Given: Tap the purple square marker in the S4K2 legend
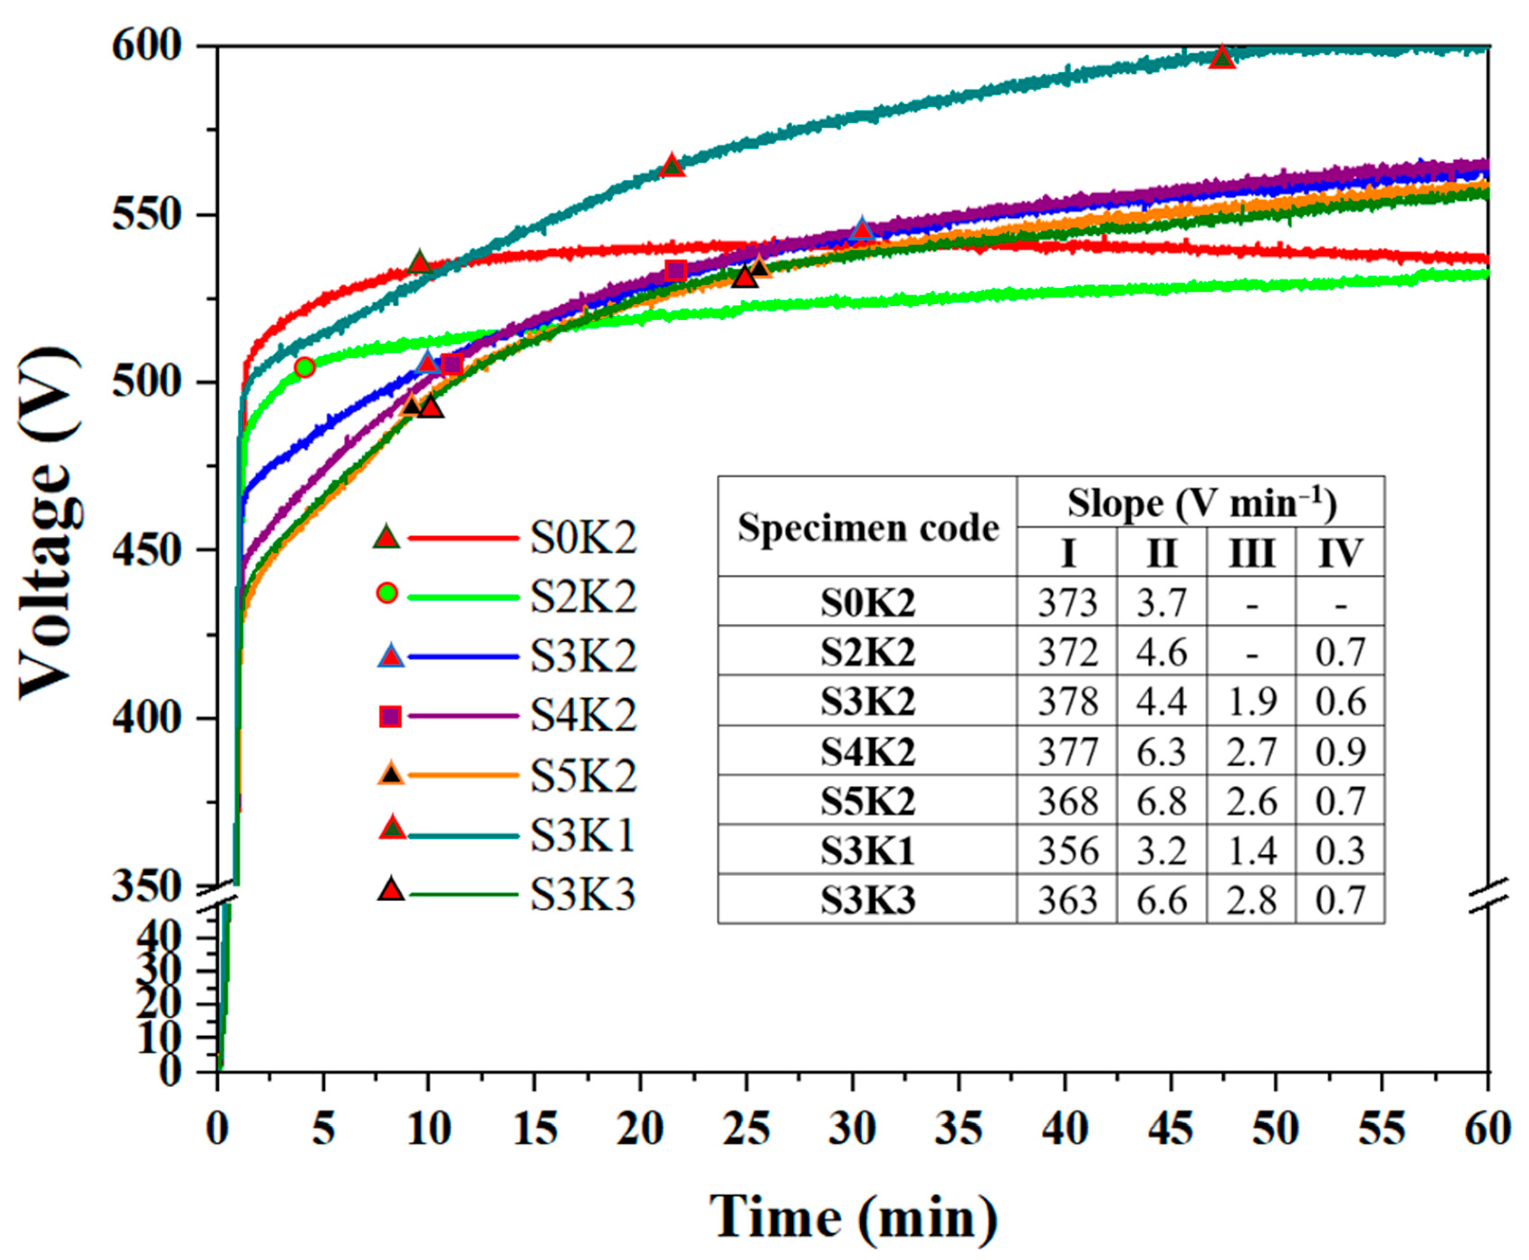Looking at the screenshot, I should pos(390,717).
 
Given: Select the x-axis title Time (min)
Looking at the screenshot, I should pos(853,1217).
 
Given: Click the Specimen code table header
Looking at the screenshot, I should pos(868,528).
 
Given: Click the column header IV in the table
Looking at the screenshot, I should pos(1340,553).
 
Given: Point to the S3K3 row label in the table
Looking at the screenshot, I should pos(868,900).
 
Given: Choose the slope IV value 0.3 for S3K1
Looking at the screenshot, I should pos(1340,850).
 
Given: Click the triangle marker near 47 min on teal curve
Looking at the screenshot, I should pos(1223,58).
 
